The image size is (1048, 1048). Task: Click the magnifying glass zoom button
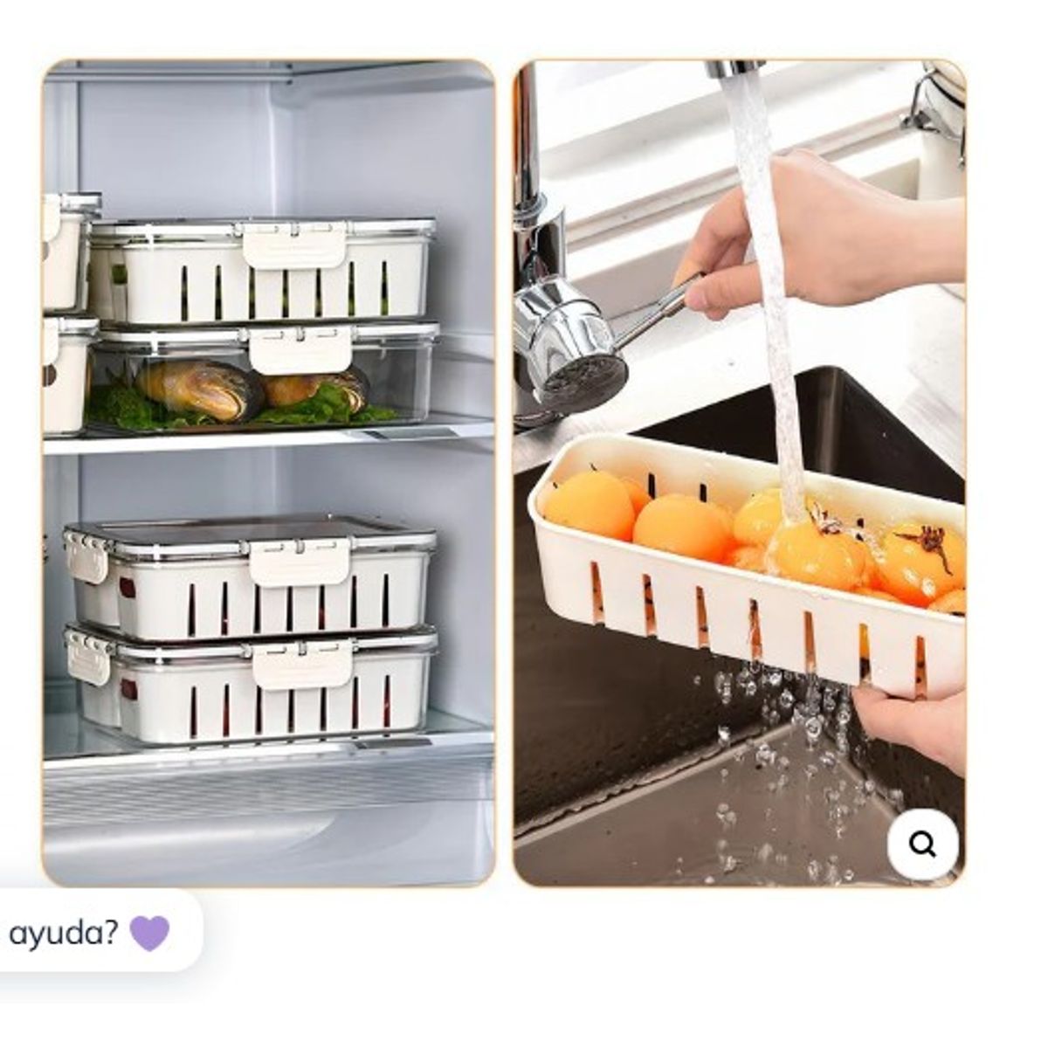pos(922,845)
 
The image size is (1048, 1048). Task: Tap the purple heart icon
pos(149,933)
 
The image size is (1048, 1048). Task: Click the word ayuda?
pos(63,934)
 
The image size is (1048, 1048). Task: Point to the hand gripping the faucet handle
pos(816,234)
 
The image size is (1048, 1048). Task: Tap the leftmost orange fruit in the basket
pos(589,506)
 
